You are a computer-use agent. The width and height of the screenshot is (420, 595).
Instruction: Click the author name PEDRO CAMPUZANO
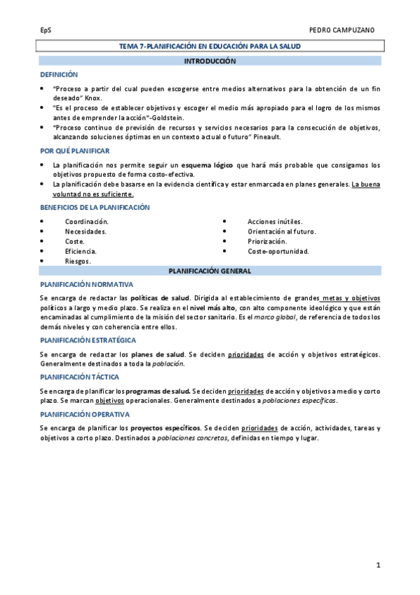(346, 31)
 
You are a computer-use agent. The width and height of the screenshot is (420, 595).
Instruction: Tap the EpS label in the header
(45, 31)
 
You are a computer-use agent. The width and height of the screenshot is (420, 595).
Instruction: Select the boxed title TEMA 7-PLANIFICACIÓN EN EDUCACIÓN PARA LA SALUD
(210, 46)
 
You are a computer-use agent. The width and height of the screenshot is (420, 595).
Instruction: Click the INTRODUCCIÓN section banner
(210, 61)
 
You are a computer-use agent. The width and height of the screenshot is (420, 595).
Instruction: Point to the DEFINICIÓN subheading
(59, 74)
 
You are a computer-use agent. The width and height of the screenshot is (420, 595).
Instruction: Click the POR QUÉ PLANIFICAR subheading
(75, 151)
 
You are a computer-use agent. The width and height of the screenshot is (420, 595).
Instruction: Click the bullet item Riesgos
(77, 260)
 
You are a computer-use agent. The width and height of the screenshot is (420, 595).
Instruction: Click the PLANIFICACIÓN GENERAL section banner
(210, 270)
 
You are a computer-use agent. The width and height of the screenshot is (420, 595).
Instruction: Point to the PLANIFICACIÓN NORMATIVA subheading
(86, 284)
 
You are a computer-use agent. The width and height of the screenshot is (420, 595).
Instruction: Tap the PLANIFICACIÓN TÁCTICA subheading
(81, 377)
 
